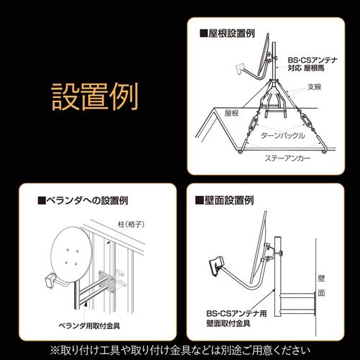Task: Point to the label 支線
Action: click(314, 88)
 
